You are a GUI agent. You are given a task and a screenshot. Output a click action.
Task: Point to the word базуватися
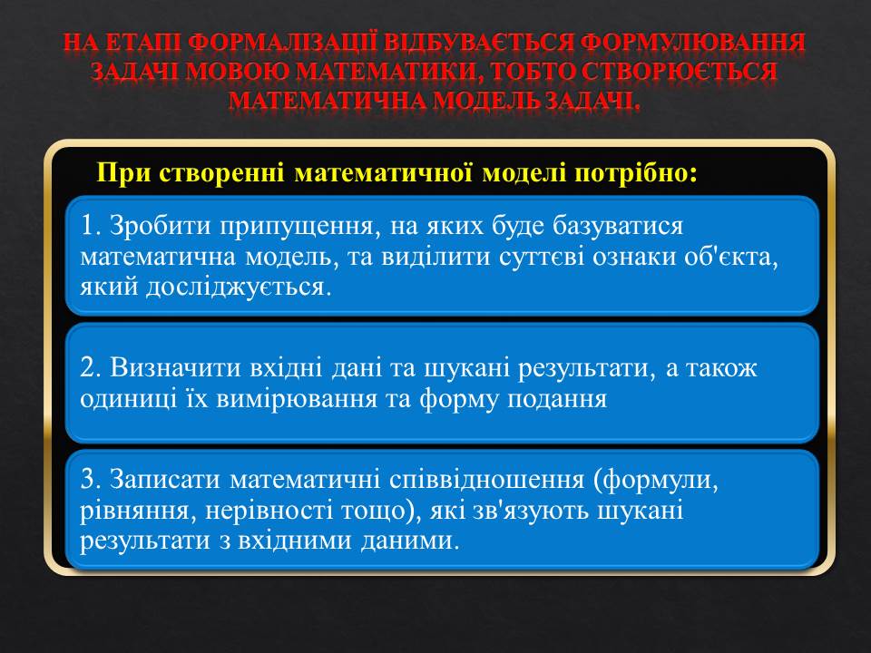click(618, 226)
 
